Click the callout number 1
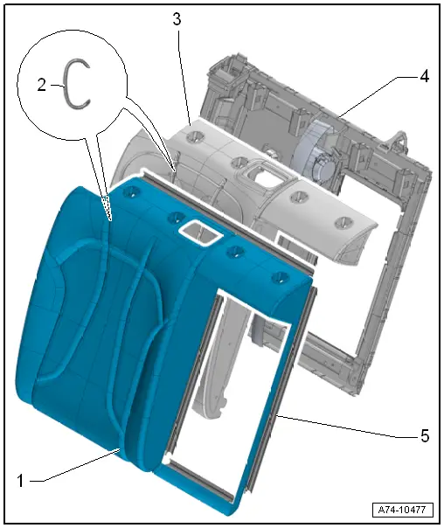20,481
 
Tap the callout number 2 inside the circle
41,85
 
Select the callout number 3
177,19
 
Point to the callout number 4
425,76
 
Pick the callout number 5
425,435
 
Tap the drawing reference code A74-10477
402,510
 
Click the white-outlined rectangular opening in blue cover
200,233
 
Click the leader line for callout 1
75,466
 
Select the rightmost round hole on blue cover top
280,278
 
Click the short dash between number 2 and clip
57,86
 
